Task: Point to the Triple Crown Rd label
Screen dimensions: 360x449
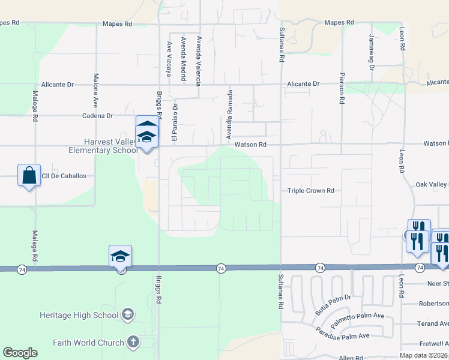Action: pyautogui.click(x=310, y=190)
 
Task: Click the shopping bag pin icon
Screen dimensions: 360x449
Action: pyautogui.click(x=29, y=176)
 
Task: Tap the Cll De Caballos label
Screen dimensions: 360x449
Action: pyautogui.click(x=65, y=176)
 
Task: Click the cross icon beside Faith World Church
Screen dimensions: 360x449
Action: pyautogui.click(x=133, y=343)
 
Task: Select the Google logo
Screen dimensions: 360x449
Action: pyautogui.click(x=20, y=353)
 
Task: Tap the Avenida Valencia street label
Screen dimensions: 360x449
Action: pyautogui.click(x=198, y=61)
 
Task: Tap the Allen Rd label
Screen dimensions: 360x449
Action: pyautogui.click(x=351, y=358)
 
